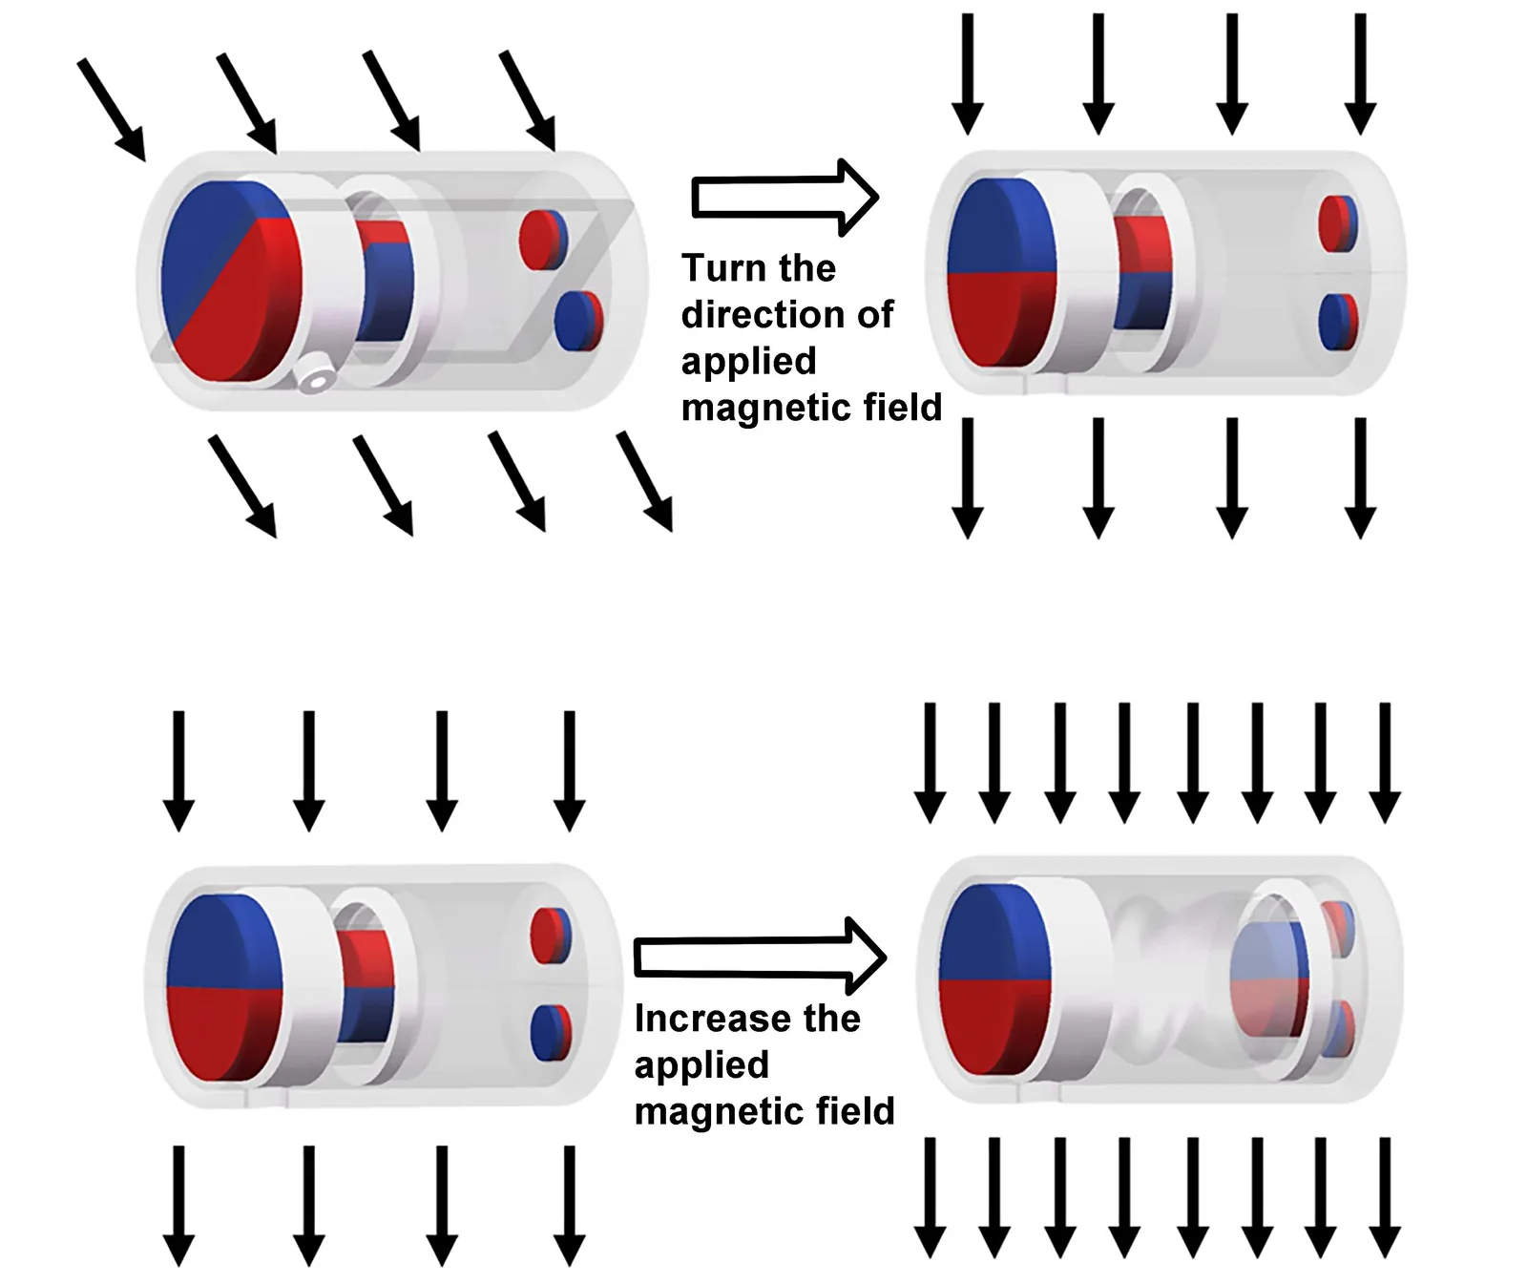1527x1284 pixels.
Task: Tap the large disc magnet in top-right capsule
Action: (x=1002, y=272)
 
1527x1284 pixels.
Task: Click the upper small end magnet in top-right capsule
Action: (x=1337, y=223)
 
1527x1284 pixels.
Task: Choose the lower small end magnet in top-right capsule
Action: (x=1337, y=323)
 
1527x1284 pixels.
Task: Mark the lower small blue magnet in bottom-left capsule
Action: (x=550, y=1033)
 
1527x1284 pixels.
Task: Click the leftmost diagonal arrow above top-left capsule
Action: (x=112, y=109)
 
